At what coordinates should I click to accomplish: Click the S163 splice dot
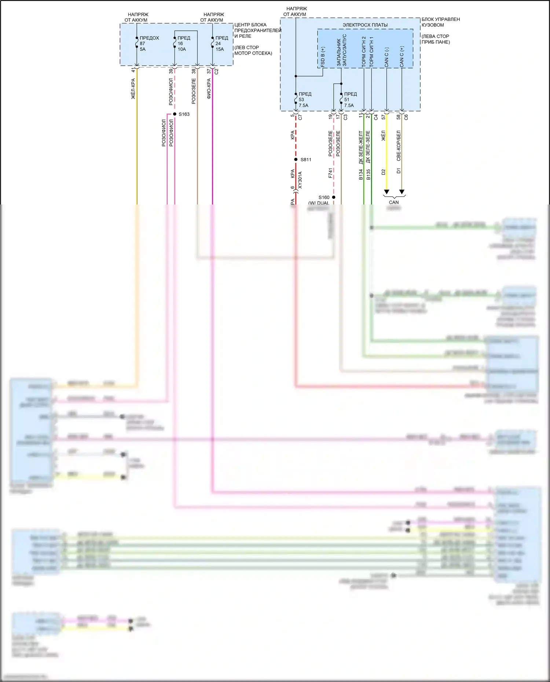pyautogui.click(x=175, y=114)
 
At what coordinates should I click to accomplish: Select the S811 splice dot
pyautogui.click(x=296, y=159)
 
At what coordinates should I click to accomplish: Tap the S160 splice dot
pyautogui.click(x=334, y=197)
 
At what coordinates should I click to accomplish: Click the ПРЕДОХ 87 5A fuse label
pyautogui.click(x=149, y=43)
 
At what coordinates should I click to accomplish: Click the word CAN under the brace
pyautogui.click(x=394, y=202)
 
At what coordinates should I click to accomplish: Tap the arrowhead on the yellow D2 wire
pyautogui.click(x=386, y=192)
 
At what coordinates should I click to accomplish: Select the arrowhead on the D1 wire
pyautogui.click(x=402, y=192)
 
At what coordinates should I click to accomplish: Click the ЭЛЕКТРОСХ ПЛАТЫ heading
pyautogui.click(x=365, y=25)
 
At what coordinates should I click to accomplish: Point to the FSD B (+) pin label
pyautogui.click(x=323, y=56)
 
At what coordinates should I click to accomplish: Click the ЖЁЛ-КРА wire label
pyautogui.click(x=133, y=89)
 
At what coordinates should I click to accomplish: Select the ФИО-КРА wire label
pyautogui.click(x=209, y=89)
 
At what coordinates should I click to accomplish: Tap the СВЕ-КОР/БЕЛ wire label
pyautogui.click(x=399, y=146)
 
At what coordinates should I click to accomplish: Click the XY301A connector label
pyautogui.click(x=300, y=180)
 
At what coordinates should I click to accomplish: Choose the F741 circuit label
pyautogui.click(x=330, y=173)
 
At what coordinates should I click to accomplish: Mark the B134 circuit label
pyautogui.click(x=361, y=174)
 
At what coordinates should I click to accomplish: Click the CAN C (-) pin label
pyautogui.click(x=386, y=57)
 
